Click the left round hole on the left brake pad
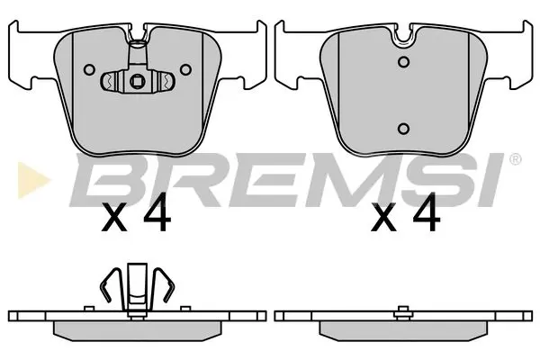89,68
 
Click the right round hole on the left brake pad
184,68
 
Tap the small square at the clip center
137,83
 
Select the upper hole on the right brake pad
404,62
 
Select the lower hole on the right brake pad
404,128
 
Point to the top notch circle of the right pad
404,37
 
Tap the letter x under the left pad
114,220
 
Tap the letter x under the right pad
382,220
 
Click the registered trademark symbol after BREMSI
514,160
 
